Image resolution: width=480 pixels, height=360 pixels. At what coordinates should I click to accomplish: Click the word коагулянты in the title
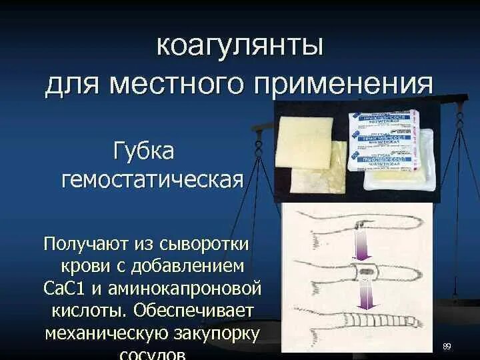pos(239,47)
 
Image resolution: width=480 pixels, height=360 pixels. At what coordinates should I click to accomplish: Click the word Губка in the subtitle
pos(144,151)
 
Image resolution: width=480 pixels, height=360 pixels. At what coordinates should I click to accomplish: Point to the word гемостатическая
pos(152,179)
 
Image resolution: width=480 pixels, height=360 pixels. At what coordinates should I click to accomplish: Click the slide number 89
pos(447,346)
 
